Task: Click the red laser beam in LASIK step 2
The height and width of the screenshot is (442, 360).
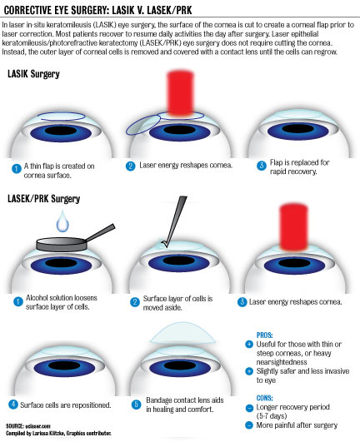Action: point(181,94)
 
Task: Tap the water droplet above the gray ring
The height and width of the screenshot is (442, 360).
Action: point(62,221)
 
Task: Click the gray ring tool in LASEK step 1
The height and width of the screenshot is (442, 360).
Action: point(74,240)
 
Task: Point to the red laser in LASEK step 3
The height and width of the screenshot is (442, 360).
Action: point(293,227)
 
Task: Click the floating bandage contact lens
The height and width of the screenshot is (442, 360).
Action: point(183,333)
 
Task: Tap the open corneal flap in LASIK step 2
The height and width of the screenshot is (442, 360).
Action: point(143,124)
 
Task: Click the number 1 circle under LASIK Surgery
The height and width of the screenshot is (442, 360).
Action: point(17,169)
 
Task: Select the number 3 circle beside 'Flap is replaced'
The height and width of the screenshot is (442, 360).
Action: point(262,166)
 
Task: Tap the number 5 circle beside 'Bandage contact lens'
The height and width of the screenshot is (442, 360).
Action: point(136,405)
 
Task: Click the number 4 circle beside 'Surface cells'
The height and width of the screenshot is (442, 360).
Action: point(13,405)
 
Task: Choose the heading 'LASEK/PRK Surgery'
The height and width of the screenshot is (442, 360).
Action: point(43,199)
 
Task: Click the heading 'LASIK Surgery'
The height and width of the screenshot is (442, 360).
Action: point(33,74)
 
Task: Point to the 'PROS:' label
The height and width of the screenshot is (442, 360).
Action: point(264,335)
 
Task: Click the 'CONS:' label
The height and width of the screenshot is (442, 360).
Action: point(264,398)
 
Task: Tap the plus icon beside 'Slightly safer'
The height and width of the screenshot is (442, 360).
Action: point(249,371)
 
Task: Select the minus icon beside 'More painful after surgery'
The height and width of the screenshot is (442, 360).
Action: point(249,425)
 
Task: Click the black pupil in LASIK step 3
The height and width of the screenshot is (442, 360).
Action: point(298,129)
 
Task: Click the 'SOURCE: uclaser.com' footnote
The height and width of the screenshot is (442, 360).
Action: point(28,426)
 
